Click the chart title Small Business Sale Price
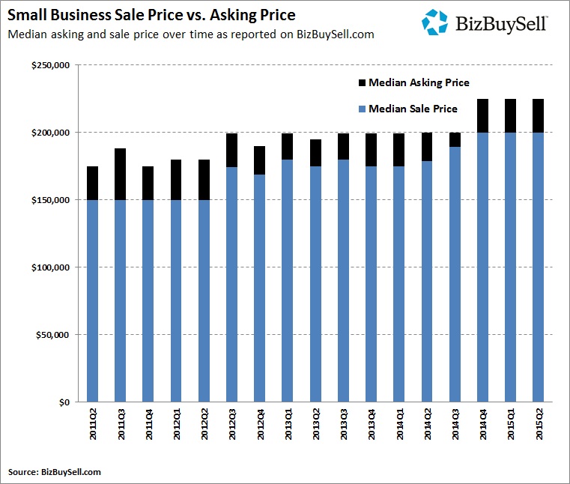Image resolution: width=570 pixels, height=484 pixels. click(151, 15)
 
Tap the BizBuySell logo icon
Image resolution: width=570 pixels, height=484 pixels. click(434, 22)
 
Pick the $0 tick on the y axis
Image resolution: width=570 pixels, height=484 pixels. click(64, 402)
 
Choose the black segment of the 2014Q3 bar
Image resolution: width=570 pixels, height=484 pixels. click(455, 139)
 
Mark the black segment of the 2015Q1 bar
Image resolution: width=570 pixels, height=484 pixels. click(510, 115)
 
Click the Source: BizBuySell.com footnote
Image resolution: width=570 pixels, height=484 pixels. click(54, 471)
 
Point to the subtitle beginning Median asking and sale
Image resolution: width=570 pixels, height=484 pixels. click(190, 34)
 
